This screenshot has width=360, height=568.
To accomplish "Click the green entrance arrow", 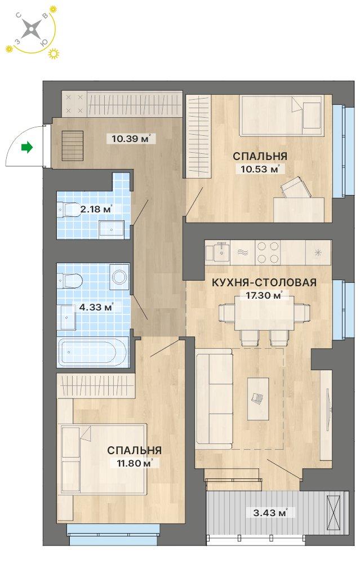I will [x=26, y=148].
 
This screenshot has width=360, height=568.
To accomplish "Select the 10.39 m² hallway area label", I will [x=130, y=138].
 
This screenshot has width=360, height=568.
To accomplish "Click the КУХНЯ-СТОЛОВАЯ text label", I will [x=264, y=283].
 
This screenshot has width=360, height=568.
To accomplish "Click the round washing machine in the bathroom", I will [x=119, y=276].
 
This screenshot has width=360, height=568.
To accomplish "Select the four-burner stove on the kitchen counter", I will [x=269, y=252].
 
